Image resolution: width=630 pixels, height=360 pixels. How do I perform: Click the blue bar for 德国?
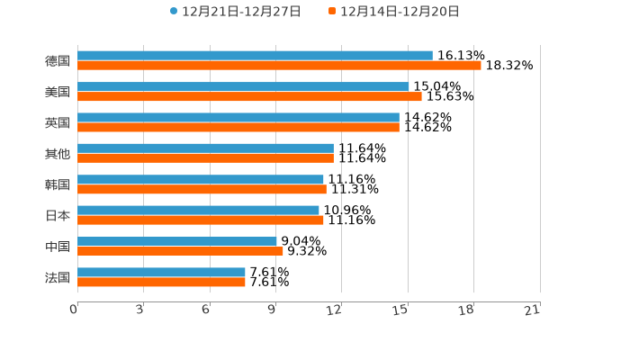pyautogui.click(x=255, y=56)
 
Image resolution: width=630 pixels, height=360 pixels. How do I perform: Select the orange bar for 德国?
pyautogui.click(x=279, y=66)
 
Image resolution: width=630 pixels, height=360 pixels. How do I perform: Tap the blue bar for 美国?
pyautogui.click(x=243, y=86)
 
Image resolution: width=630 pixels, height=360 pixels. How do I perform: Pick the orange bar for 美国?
pyautogui.click(x=249, y=96)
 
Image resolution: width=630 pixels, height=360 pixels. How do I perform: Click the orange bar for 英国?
pyautogui.click(x=238, y=127)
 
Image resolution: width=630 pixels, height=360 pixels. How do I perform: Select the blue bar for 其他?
pyautogui.click(x=205, y=148)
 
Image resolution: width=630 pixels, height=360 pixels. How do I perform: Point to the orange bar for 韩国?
pyautogui.click(x=202, y=189)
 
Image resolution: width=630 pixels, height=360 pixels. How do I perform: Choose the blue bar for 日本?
pyautogui.click(x=198, y=210)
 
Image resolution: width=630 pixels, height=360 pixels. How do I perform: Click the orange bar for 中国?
pyautogui.click(x=180, y=251)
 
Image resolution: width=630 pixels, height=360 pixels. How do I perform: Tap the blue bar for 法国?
pyautogui.click(x=161, y=272)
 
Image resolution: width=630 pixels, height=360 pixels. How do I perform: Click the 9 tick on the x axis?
pyautogui.click(x=273, y=310)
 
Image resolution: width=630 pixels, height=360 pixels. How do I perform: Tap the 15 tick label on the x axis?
pyautogui.click(x=400, y=310)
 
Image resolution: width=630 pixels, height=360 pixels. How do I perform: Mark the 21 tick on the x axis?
pyautogui.click(x=533, y=310)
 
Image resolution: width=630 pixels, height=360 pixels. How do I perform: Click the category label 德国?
pyautogui.click(x=58, y=61)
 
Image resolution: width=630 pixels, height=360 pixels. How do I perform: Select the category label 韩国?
pyautogui.click(x=58, y=184)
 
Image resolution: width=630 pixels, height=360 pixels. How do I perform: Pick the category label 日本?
pyautogui.click(x=58, y=215)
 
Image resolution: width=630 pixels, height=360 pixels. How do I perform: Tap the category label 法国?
pyautogui.click(x=58, y=277)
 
